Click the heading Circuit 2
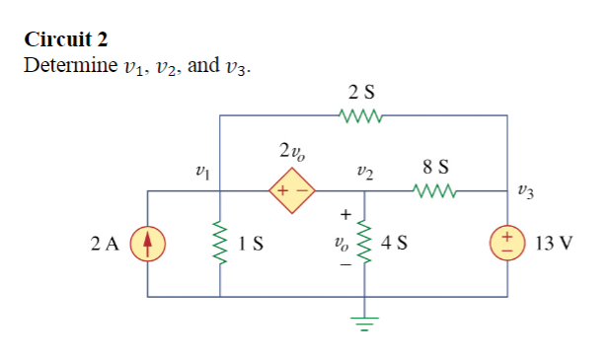(66, 40)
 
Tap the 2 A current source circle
(148, 242)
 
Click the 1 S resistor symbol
(218, 242)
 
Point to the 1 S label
(249, 242)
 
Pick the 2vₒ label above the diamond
(291, 152)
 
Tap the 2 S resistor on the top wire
(361, 116)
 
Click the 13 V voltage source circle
(508, 242)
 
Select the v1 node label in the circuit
(202, 170)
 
